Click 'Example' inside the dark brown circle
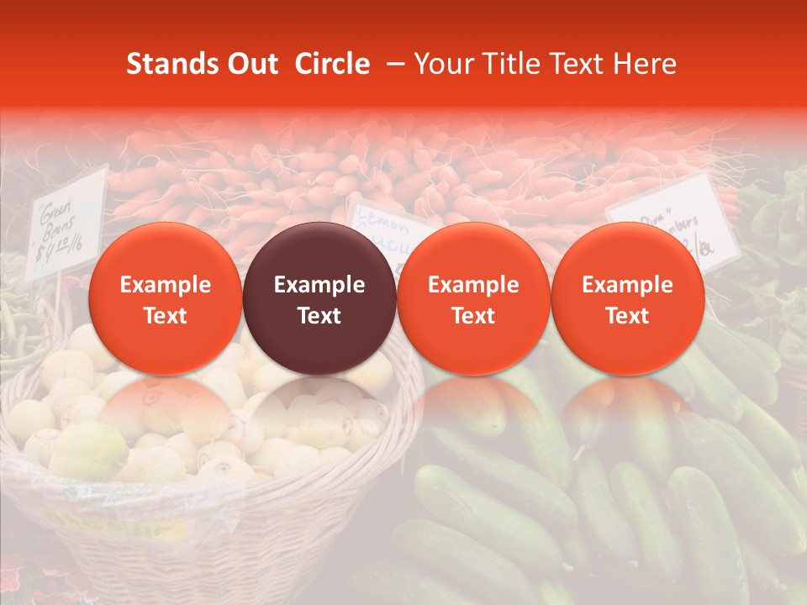[x=319, y=285]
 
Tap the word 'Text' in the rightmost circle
[x=627, y=316]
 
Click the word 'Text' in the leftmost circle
[x=166, y=316]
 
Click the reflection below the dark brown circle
[x=319, y=412]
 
